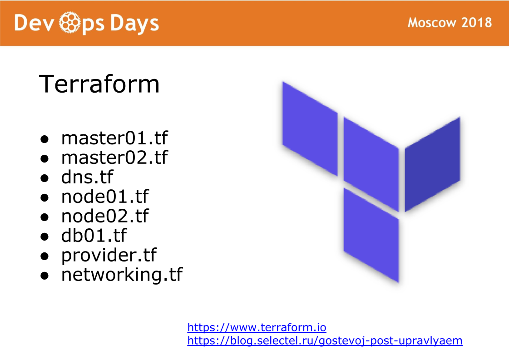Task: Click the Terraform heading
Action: pos(99,84)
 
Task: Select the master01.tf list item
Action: pos(114,138)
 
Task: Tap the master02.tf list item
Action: pos(114,158)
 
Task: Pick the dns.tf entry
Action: pos(87,177)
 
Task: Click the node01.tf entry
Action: pos(105,197)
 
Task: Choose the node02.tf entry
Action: pos(105,216)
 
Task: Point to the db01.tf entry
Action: pos(94,235)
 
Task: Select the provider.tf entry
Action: pos(109,255)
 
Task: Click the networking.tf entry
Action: pos(122,275)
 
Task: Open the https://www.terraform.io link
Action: pos(257,327)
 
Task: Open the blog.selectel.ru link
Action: pos(325,340)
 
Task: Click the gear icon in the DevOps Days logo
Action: pos(69,22)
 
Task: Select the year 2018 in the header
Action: pos(477,22)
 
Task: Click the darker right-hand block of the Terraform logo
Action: pos(432,164)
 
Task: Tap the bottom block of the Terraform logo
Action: pos(371,235)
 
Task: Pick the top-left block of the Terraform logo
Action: pos(310,128)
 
